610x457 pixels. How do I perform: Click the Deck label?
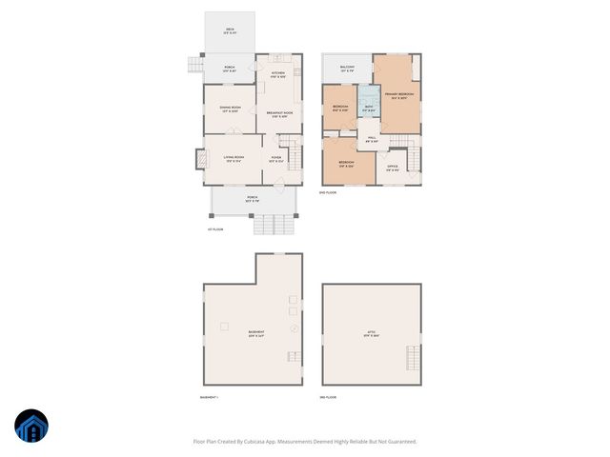(230, 30)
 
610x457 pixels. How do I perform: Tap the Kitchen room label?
(278, 74)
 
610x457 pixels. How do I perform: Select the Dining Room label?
(229, 109)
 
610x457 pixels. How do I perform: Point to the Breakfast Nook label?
(279, 115)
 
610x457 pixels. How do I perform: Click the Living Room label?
(234, 158)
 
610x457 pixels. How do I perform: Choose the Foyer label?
(276, 158)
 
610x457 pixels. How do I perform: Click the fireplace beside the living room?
(200, 158)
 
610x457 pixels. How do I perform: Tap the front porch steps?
(274, 225)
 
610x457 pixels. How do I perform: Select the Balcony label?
(347, 69)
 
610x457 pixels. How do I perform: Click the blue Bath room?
(368, 108)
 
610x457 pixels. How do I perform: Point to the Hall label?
(372, 141)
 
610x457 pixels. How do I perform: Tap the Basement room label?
(256, 332)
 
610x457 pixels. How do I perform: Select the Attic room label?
(372, 332)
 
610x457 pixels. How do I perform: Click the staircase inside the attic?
(413, 359)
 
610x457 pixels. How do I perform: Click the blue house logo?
(31, 427)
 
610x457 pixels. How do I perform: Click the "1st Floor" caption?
(215, 229)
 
